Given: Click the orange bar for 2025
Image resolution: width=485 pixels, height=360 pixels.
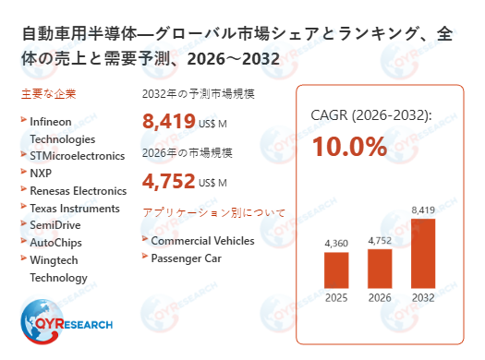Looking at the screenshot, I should click(336, 270).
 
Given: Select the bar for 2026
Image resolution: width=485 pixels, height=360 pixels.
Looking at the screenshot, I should click(380, 268).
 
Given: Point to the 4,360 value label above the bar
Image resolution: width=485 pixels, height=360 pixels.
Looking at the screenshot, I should click(336, 243).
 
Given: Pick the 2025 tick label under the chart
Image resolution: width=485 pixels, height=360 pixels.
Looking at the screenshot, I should click(336, 298).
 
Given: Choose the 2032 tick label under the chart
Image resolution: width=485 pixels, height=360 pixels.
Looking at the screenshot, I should click(422, 298).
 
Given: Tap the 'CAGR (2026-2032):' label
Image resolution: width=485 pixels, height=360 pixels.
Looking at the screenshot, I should click(371, 115).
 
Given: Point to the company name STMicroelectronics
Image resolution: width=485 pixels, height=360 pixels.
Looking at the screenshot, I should click(77, 156).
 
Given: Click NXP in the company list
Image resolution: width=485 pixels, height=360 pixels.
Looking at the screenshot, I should click(42, 174).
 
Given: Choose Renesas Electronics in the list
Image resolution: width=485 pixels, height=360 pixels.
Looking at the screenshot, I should click(78, 191).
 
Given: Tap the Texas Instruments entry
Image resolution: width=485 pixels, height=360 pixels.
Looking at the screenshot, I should click(74, 209).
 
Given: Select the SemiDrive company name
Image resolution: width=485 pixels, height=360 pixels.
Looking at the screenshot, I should click(55, 225).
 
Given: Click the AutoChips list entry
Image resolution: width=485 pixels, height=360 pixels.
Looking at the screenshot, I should click(56, 243).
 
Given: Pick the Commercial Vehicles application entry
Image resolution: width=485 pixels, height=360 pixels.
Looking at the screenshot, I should click(202, 240).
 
